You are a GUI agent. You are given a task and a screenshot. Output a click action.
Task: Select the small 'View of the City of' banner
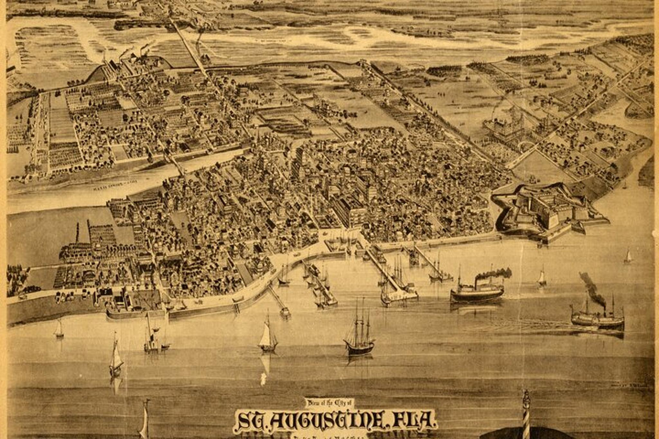[330, 403]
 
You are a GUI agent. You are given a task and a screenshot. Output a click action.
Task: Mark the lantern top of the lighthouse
[526, 394]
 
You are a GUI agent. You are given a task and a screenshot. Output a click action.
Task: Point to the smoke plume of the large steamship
[494, 273]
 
